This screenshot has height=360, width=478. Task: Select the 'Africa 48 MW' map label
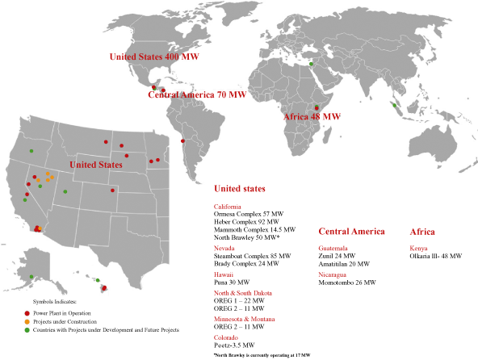pyautogui.click(x=312, y=117)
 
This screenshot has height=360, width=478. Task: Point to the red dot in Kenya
pyautogui.click(x=317, y=108)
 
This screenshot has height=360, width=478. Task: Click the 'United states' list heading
pyautogui.click(x=239, y=188)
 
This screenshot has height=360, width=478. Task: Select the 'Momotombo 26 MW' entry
pyautogui.click(x=347, y=283)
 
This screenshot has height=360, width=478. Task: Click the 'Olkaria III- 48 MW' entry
pyautogui.click(x=436, y=256)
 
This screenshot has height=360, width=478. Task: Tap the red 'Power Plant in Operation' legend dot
pyautogui.click(x=27, y=312)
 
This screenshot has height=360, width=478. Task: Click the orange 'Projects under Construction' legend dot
pyautogui.click(x=27, y=321)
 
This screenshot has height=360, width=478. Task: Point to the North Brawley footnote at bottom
pyautogui.click(x=262, y=354)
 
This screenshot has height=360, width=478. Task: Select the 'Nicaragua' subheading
pyautogui.click(x=335, y=274)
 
